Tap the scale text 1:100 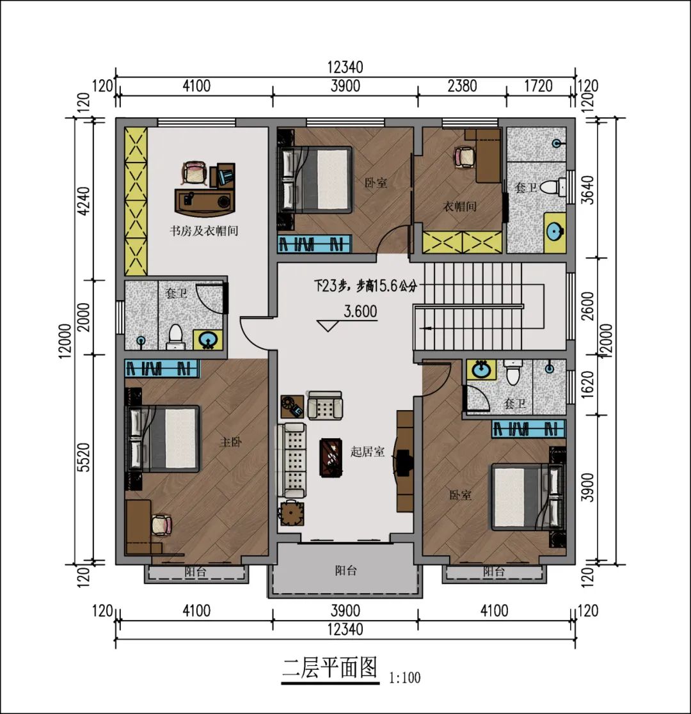click(404, 678)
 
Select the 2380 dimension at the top click(461, 86)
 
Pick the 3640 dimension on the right click(589, 189)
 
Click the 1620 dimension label click(589, 386)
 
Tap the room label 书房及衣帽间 click(203, 231)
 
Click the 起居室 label click(367, 452)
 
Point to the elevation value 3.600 click(360, 312)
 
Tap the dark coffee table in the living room click(331, 457)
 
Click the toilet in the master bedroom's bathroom click(175, 337)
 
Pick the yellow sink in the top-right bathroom click(555, 232)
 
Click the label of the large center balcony click(345, 571)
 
